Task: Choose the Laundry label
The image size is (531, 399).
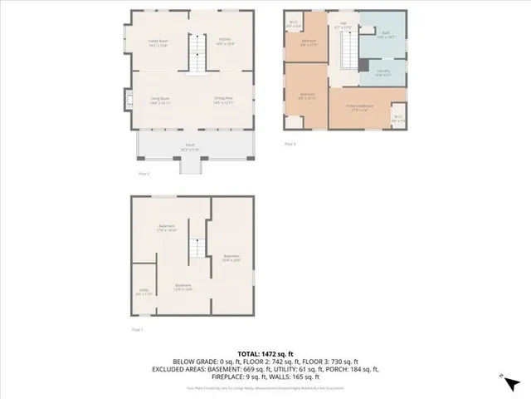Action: click(382, 71)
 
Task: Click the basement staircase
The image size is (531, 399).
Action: click(197, 249)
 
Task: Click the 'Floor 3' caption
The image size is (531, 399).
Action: click(290, 144)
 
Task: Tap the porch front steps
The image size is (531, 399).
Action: click(190, 166)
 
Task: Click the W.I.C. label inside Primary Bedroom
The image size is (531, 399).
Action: click(398, 117)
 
